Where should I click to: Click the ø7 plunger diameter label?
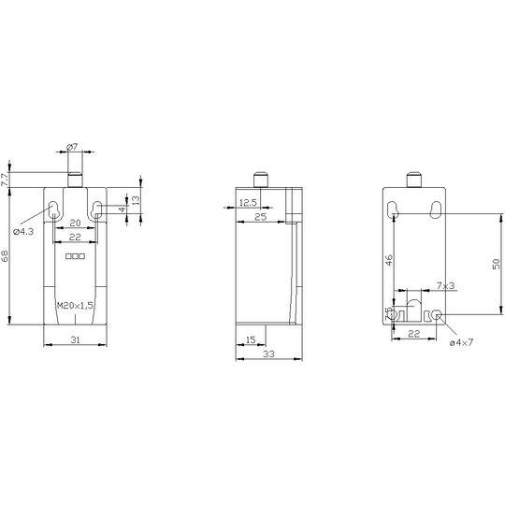click(72, 147)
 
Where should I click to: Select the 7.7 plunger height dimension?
click(4, 180)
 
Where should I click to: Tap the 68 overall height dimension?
click(5, 255)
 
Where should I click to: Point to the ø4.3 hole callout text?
click(23, 231)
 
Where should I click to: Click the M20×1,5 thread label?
click(75, 305)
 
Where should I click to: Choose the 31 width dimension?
click(75, 339)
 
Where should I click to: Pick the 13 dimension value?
click(137, 200)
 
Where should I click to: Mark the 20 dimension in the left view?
click(75, 223)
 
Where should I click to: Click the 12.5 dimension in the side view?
click(249, 203)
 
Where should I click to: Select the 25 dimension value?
click(261, 217)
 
